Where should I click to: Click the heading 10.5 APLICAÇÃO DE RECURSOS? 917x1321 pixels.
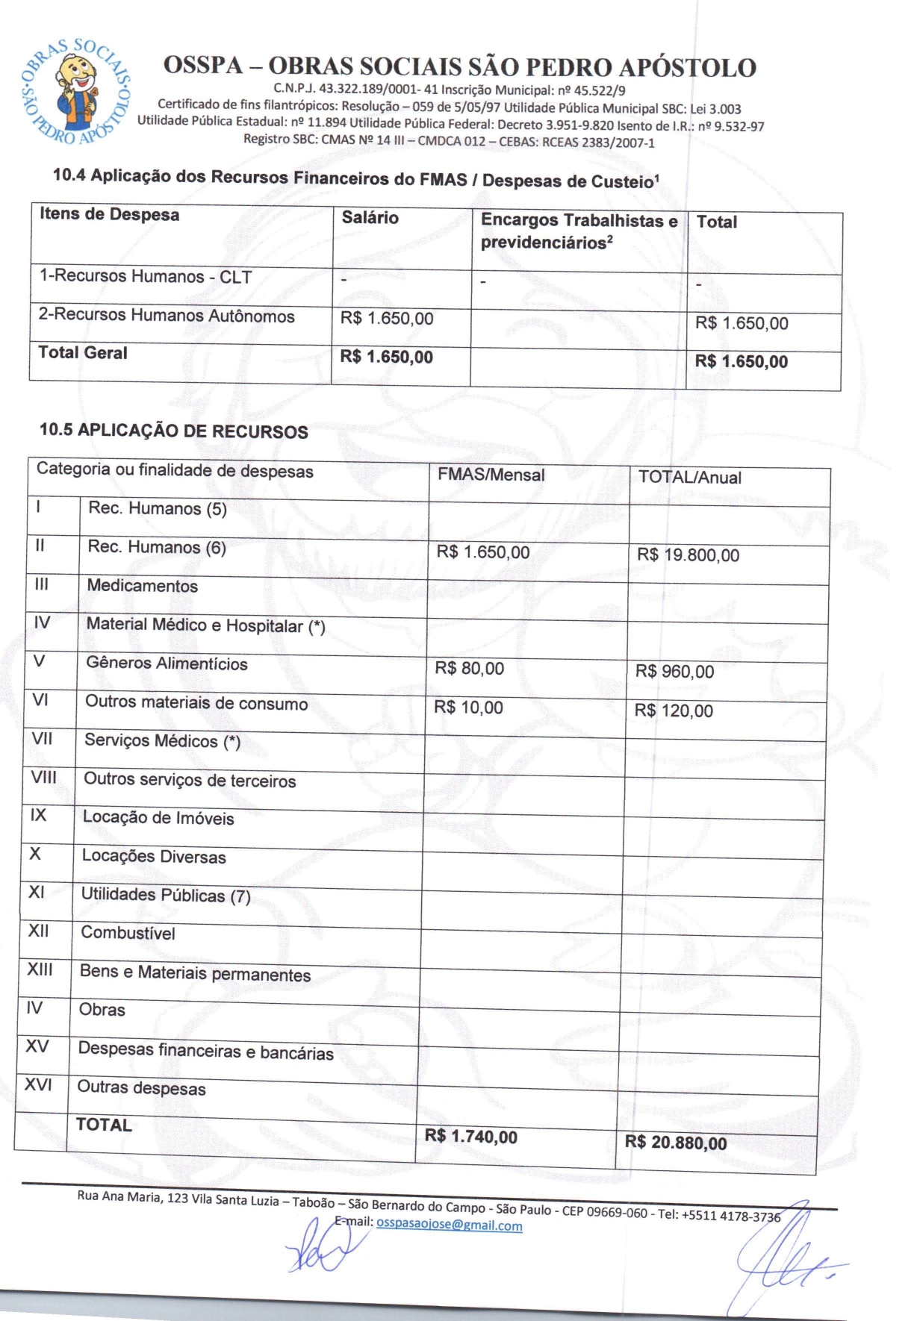pos(173,431)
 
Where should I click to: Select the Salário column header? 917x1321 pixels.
pos(370,218)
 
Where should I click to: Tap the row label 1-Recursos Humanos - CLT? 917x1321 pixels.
pos(145,276)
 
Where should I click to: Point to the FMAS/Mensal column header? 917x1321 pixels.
pos(491,475)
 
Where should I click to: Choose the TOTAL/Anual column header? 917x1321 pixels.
pos(689,478)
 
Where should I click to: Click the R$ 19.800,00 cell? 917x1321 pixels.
pos(688,555)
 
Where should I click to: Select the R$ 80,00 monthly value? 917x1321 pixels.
pos(469,669)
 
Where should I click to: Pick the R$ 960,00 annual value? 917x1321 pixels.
pos(674,672)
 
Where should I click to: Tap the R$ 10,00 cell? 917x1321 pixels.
pos(468,708)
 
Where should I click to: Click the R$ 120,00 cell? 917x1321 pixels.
pos(674,711)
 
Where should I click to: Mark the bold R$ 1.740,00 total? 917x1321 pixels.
pos(470,1137)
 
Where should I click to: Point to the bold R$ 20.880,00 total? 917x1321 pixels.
pos(675,1143)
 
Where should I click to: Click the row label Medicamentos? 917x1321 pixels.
pos(142,586)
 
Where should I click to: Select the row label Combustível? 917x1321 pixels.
pos(128,933)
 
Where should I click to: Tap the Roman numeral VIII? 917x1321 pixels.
pos(43,777)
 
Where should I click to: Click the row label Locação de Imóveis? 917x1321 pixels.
pos(158,818)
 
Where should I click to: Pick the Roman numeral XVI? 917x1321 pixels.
pos(38,1084)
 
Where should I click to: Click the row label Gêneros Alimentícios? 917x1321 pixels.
pos(167,663)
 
